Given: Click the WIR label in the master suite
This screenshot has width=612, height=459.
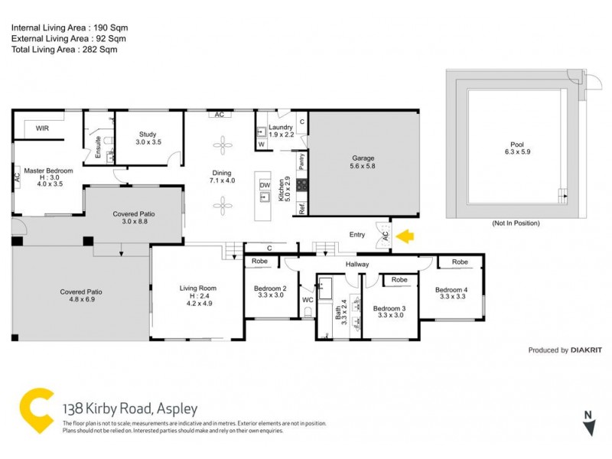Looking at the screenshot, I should pos(43,129).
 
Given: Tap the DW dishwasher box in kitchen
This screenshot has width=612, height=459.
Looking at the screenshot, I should pos(265,185).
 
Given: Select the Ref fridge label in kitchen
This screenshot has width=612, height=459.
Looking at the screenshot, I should pos(303,207).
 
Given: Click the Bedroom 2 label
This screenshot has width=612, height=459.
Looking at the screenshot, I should pos(269,289).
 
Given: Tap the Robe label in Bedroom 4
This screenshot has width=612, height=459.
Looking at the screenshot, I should pos(459,262).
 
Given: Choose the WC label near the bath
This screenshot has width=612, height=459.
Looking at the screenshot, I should pos(308,300).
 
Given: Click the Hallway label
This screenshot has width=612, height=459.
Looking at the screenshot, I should pos(356,265).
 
